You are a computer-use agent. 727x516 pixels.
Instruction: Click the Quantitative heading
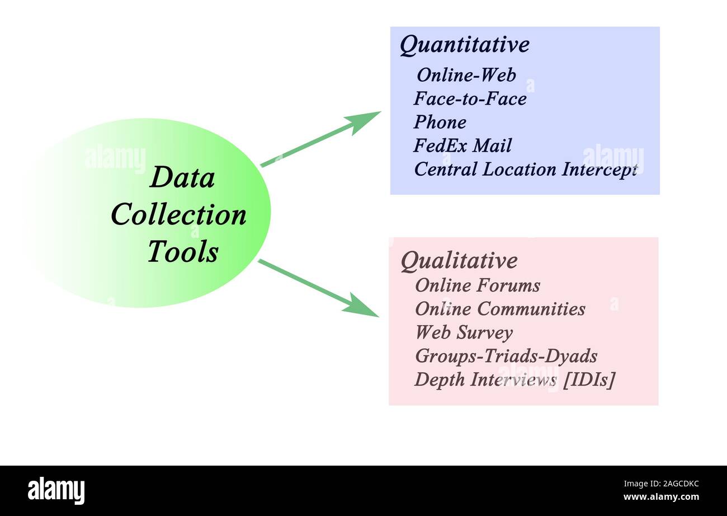(464, 45)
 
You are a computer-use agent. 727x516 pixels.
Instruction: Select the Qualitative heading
(459, 261)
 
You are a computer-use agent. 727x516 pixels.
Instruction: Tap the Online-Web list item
(466, 75)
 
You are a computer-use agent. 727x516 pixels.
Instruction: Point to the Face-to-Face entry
(470, 99)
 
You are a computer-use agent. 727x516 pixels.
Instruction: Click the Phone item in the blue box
(440, 122)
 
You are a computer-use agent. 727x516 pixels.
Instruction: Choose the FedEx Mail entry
(462, 146)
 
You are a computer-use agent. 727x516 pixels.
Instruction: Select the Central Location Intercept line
(525, 170)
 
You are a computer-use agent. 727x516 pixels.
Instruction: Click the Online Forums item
(477, 285)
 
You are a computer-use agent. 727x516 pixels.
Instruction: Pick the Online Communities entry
(500, 309)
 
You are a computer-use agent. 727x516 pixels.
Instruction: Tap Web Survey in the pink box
(464, 332)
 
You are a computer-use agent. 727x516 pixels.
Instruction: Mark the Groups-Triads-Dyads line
(506, 356)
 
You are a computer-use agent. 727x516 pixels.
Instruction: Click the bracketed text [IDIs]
(589, 379)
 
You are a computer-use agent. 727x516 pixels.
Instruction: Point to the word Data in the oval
(182, 179)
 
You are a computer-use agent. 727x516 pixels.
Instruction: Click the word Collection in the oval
(178, 215)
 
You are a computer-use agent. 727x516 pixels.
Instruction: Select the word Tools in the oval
(182, 252)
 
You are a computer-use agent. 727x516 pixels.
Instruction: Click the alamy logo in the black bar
(56, 490)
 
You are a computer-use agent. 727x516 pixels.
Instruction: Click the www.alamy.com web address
(660, 497)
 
